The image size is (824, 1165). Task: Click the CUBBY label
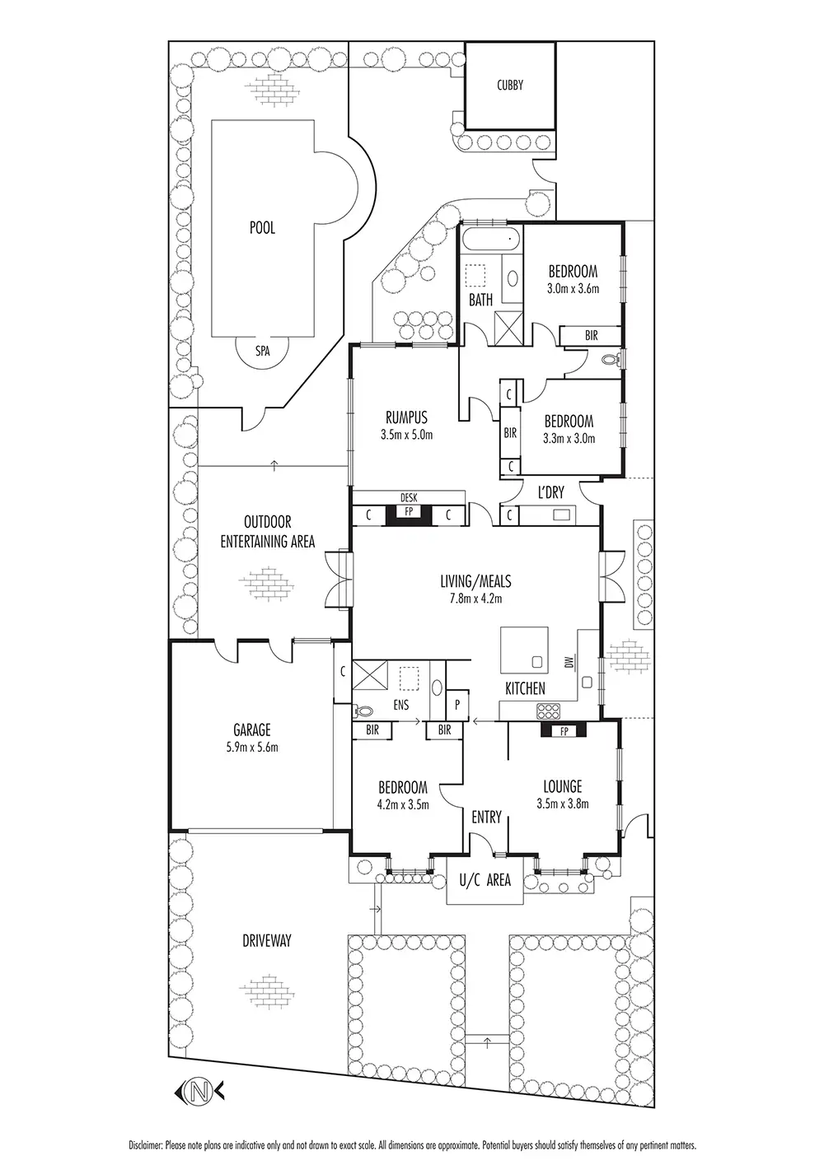click(x=510, y=85)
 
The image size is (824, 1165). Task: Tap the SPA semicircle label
click(x=262, y=350)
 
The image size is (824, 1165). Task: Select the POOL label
click(x=262, y=228)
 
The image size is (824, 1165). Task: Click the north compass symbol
click(x=198, y=1092)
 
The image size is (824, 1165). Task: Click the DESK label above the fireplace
click(x=408, y=497)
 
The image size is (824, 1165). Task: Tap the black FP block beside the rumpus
click(x=408, y=514)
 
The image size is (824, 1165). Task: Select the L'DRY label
click(x=550, y=492)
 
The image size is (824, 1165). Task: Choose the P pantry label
click(x=457, y=705)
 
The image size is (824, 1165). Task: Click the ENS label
click(x=400, y=705)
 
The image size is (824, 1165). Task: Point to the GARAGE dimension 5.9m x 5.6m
click(x=251, y=748)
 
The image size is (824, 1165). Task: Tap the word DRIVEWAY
click(x=266, y=940)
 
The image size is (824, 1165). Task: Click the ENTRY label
click(x=486, y=818)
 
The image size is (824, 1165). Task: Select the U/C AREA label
click(x=485, y=880)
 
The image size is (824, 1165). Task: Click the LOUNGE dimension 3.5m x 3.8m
click(x=563, y=804)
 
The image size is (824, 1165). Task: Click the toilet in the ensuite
click(x=363, y=710)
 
